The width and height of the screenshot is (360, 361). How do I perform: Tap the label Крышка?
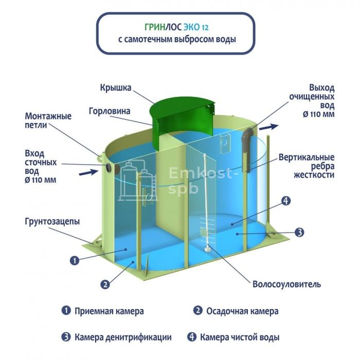point(116,88)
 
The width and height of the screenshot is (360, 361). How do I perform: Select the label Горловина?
point(110,111)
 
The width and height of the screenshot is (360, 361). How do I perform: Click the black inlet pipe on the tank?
point(110,167)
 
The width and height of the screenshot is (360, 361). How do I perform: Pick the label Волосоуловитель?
point(287,284)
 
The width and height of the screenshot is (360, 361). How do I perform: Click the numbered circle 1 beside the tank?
point(74,260)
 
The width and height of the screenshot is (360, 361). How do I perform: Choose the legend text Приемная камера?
point(109,311)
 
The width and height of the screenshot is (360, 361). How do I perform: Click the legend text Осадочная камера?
point(242,311)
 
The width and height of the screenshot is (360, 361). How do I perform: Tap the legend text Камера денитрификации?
point(122,338)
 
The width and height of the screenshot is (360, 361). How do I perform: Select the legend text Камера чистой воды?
point(240,338)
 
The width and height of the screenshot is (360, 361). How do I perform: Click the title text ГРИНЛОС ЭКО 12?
point(176,27)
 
